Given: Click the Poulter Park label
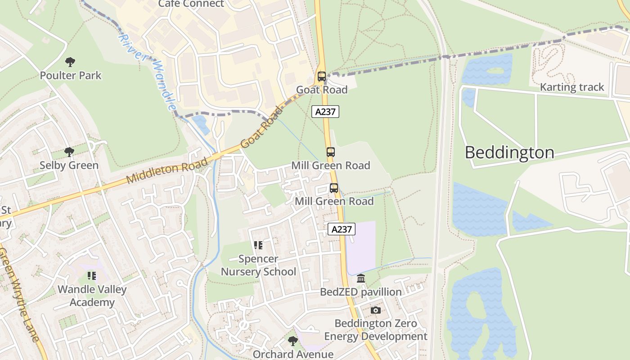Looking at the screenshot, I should pos(71,75).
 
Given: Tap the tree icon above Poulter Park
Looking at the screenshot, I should pos(70,62).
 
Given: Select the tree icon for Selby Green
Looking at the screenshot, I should pos(69,152).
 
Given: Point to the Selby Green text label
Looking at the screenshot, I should pos(69,165).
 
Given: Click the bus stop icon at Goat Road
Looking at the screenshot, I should pos(321,76).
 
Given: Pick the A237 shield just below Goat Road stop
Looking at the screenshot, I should pos(325,112).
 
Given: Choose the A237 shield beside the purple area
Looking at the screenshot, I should pos(341,229).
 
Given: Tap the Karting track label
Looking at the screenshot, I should pos(571,87).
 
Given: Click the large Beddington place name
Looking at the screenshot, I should pos(509,153).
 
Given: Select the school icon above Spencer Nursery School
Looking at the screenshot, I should pos(258,245).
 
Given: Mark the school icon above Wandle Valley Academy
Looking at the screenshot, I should pos(92,276).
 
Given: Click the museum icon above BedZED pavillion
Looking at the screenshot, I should pos(360,279).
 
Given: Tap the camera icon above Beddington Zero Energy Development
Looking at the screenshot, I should pos(375,310).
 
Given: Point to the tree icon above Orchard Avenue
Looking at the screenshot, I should pos(292,341).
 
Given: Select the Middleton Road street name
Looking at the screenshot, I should pos(167,171).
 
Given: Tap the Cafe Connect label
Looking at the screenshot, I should pos(191,4).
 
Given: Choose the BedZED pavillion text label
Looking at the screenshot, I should pos(360,292).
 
